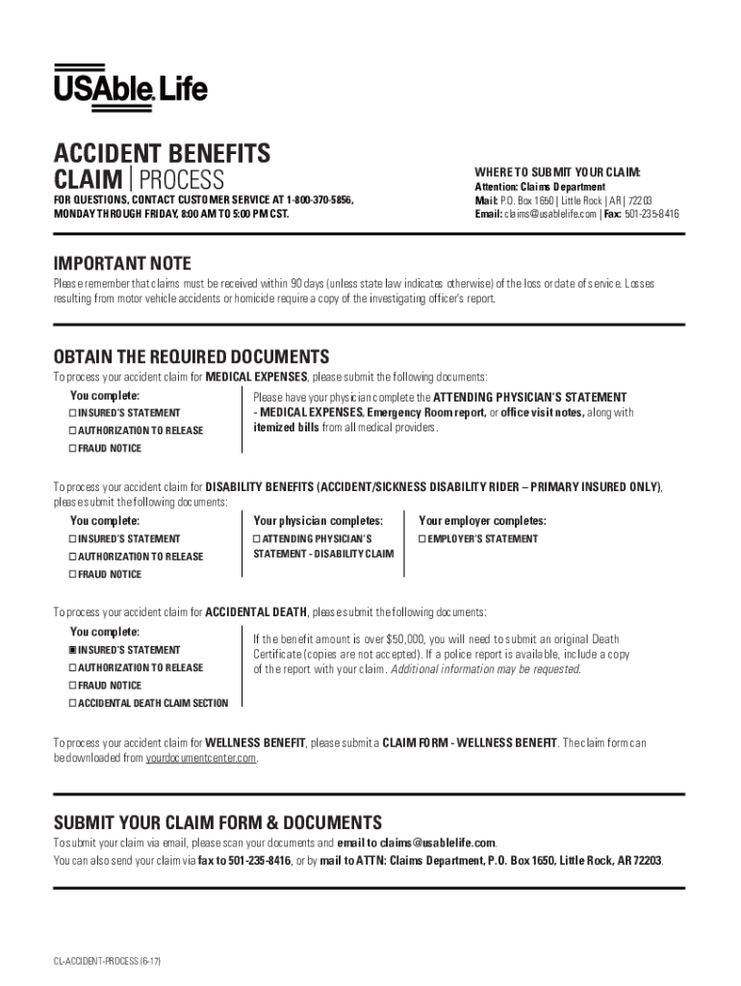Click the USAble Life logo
coord(130,88)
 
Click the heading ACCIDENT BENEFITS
coord(162,154)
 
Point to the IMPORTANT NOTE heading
coord(122,264)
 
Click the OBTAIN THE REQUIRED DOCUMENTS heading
coord(191,356)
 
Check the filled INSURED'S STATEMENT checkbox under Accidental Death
coord(72,650)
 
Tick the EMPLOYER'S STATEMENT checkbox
coord(422,539)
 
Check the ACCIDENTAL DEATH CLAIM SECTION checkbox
coord(72,703)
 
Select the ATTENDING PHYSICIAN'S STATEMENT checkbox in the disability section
coord(257,539)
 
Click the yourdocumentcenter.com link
coord(201,758)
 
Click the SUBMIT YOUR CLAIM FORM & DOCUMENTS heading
coord(217,822)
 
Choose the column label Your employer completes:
coord(481,521)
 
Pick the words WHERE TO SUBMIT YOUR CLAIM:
coord(557,172)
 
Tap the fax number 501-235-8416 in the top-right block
coord(652,215)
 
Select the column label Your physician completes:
coord(318,521)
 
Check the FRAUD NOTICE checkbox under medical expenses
coord(72,449)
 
